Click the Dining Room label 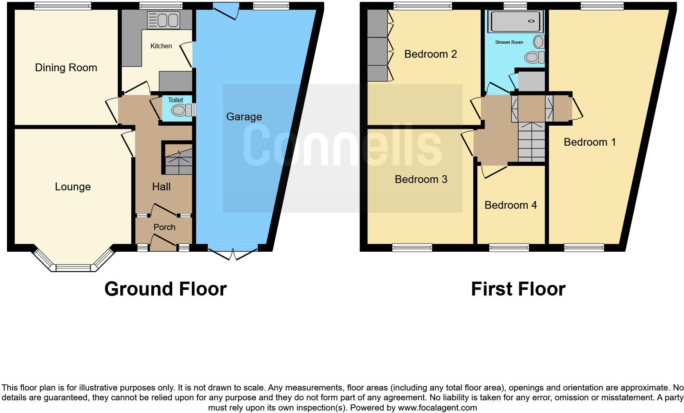pos(66,68)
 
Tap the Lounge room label pos(73,187)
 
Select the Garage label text pos(244,117)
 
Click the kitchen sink pos(163,20)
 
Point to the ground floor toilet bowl pos(180,110)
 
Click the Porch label pos(164,227)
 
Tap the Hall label pos(161,187)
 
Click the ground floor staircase pos(178,161)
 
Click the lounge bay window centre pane pos(73,268)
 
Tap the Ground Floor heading pos(165,289)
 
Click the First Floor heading pos(518,289)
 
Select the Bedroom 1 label pos(589,142)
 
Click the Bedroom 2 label pos(430,54)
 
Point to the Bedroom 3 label pos(421,179)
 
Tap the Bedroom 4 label pos(511,205)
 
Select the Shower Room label pos(509,42)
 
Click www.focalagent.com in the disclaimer pos(437,408)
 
